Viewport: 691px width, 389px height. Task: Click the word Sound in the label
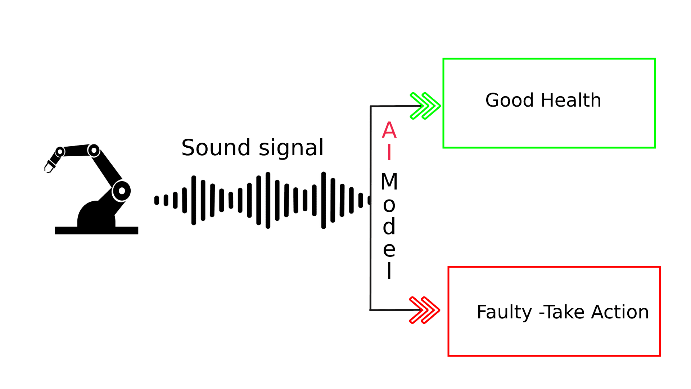(216, 148)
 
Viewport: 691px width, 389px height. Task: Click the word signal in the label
(291, 148)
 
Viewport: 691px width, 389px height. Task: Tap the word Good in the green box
(509, 100)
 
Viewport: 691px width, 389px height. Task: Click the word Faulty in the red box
(504, 312)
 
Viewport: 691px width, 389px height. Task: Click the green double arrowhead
(425, 106)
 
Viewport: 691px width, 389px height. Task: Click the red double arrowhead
(424, 310)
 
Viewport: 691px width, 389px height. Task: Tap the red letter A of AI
(389, 130)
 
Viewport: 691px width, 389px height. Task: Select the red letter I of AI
(389, 152)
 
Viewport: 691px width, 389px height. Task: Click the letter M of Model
(389, 182)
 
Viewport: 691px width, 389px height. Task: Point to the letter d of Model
(389, 227)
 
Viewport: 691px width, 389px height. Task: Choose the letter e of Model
(389, 249)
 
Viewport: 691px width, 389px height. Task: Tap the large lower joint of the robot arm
(121, 191)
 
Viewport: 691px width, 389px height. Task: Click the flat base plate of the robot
(96, 231)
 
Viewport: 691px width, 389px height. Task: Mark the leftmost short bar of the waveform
(157, 200)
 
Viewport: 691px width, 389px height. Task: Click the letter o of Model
(389, 205)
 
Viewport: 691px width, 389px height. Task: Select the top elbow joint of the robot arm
(94, 150)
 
